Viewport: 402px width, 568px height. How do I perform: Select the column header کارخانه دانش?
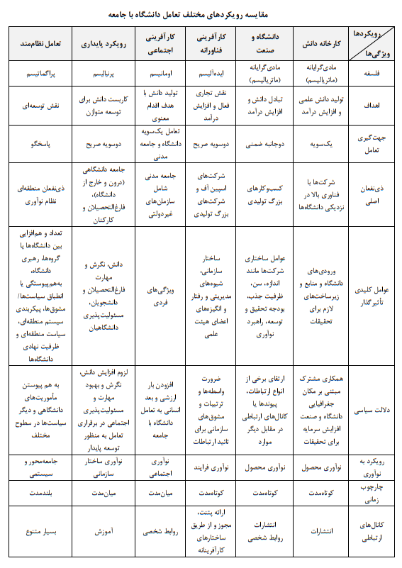(x=320, y=44)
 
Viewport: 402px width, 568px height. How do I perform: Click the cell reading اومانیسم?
(x=164, y=73)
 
